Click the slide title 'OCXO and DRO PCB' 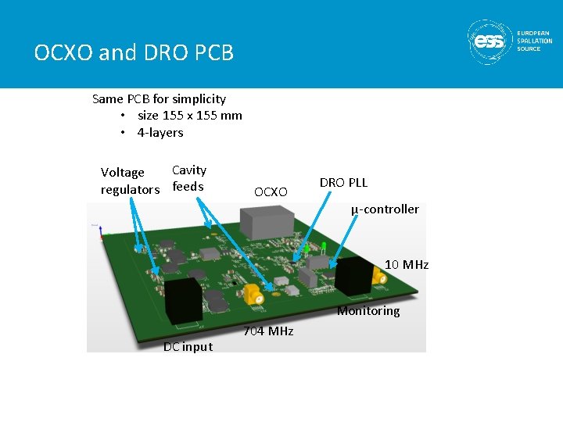click(x=134, y=53)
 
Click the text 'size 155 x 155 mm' click(x=189, y=116)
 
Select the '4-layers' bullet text click(x=160, y=133)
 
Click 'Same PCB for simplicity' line click(x=159, y=99)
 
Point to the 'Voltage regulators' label click(x=129, y=181)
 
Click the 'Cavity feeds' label click(x=189, y=178)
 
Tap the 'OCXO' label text click(x=271, y=191)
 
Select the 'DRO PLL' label click(x=343, y=183)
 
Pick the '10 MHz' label click(x=406, y=265)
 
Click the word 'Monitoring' click(x=368, y=311)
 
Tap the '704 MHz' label click(x=268, y=331)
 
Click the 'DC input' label click(x=188, y=347)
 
